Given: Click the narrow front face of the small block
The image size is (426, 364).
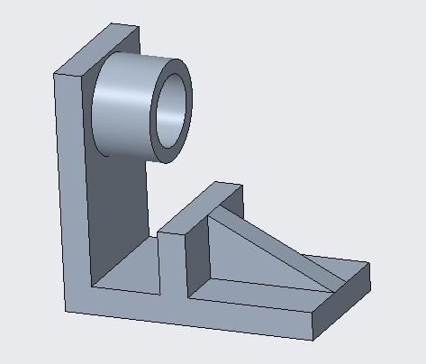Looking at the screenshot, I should point(171,266).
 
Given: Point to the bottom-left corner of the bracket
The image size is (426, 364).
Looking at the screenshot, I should point(68,311).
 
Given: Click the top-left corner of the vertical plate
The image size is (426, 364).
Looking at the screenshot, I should point(56,75).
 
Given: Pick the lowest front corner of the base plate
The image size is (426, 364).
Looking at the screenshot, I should point(313,341).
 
